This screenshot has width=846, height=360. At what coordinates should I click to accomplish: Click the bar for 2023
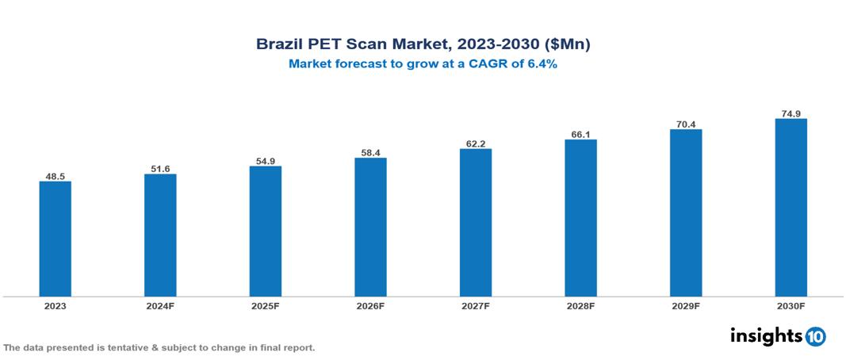(55, 239)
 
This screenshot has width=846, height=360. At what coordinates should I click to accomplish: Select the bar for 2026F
(370, 227)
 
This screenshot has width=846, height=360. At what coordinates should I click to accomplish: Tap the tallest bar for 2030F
(790, 208)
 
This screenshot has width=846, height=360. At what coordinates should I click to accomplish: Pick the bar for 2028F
(580, 218)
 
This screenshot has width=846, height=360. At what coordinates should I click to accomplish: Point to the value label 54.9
(265, 160)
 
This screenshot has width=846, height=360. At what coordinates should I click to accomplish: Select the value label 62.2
(475, 143)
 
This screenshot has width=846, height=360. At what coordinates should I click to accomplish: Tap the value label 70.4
(686, 123)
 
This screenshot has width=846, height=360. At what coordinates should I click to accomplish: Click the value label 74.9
(790, 113)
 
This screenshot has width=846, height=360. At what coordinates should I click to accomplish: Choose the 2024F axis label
(160, 306)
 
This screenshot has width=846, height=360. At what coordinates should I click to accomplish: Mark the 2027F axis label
(475, 306)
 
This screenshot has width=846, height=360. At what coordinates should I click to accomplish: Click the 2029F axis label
(686, 306)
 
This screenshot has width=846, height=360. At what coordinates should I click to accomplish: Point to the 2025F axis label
(265, 306)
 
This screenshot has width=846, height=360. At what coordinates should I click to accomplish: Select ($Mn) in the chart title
(566, 45)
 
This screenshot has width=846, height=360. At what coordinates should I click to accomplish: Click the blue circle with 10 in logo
(815, 336)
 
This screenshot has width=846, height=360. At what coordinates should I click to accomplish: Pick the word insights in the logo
(766, 335)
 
